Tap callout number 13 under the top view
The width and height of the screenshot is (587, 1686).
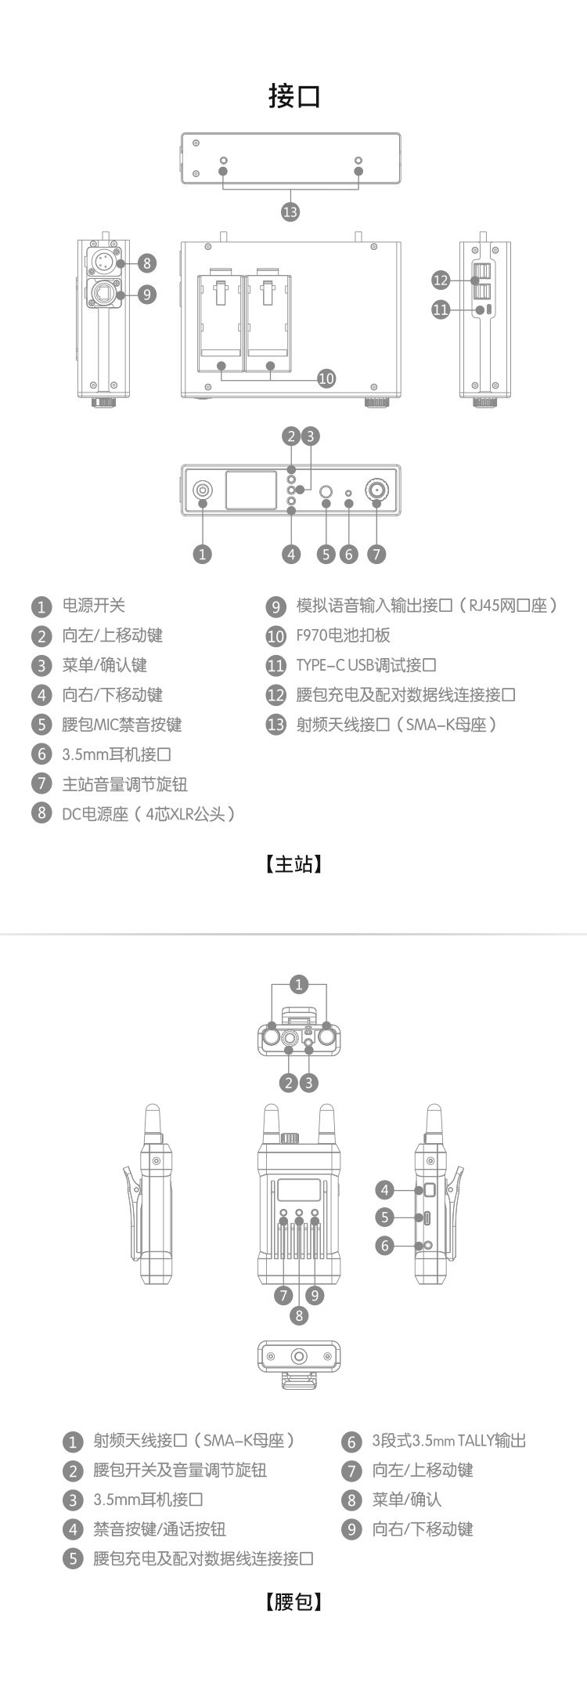coord(290,211)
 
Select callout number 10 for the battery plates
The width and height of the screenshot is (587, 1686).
coord(326,378)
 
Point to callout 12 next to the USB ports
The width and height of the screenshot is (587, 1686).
coord(441,280)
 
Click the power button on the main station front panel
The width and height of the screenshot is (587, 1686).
coord(203,490)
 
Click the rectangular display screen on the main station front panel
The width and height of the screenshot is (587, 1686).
coord(250,490)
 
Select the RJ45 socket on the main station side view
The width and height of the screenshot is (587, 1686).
coord(103,294)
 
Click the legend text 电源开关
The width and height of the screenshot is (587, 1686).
coord(94,606)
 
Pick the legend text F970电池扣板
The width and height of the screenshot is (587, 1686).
coord(343,635)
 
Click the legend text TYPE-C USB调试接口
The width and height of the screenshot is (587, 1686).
coord(366,665)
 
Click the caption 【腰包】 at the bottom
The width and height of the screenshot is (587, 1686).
coord(293,1601)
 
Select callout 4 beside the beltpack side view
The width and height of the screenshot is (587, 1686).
coord(384,1191)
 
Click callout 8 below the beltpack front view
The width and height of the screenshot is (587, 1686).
coord(299,1315)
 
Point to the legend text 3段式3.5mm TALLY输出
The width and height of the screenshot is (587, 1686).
coord(448,1440)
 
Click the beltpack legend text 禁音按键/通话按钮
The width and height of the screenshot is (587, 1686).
coord(160,1529)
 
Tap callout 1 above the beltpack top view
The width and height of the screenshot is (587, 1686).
coord(299,984)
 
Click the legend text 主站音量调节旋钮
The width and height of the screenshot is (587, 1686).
coord(124,784)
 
